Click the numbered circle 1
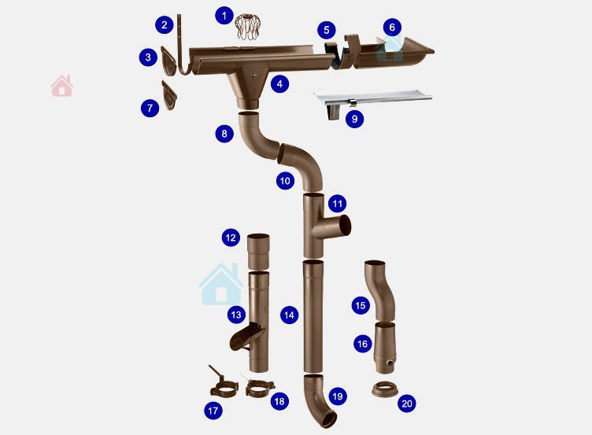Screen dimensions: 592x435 point(224,16)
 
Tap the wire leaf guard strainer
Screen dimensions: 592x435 point(247,27)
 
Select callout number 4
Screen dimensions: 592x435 point(279,83)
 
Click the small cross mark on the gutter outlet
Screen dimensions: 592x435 point(253,75)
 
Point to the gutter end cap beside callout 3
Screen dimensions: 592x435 point(168,61)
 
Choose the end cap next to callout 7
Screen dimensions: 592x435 point(169,95)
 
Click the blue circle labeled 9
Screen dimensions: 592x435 point(354,119)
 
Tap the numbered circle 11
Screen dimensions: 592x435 point(337,204)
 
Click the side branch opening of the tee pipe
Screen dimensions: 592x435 point(345,227)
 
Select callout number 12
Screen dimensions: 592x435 point(231,238)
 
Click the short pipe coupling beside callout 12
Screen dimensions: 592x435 point(259,252)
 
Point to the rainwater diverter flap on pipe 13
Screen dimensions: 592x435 point(248,337)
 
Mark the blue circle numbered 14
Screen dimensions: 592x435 point(289,315)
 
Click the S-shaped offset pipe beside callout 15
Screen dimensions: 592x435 point(379,290)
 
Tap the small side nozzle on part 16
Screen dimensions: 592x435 point(389,363)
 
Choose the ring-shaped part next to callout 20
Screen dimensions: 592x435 point(385,390)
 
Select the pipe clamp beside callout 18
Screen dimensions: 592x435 point(260,388)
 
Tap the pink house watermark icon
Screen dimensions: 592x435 point(62,86)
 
